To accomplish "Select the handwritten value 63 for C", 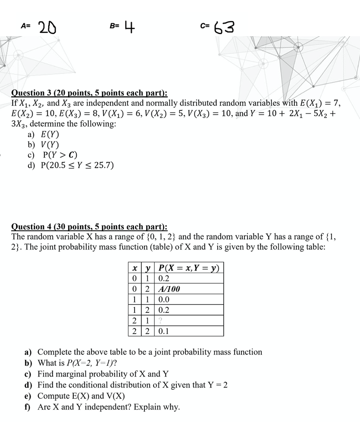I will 224,28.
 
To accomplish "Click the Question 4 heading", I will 89,227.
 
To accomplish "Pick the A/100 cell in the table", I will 170,289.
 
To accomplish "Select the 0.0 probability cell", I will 164,299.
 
